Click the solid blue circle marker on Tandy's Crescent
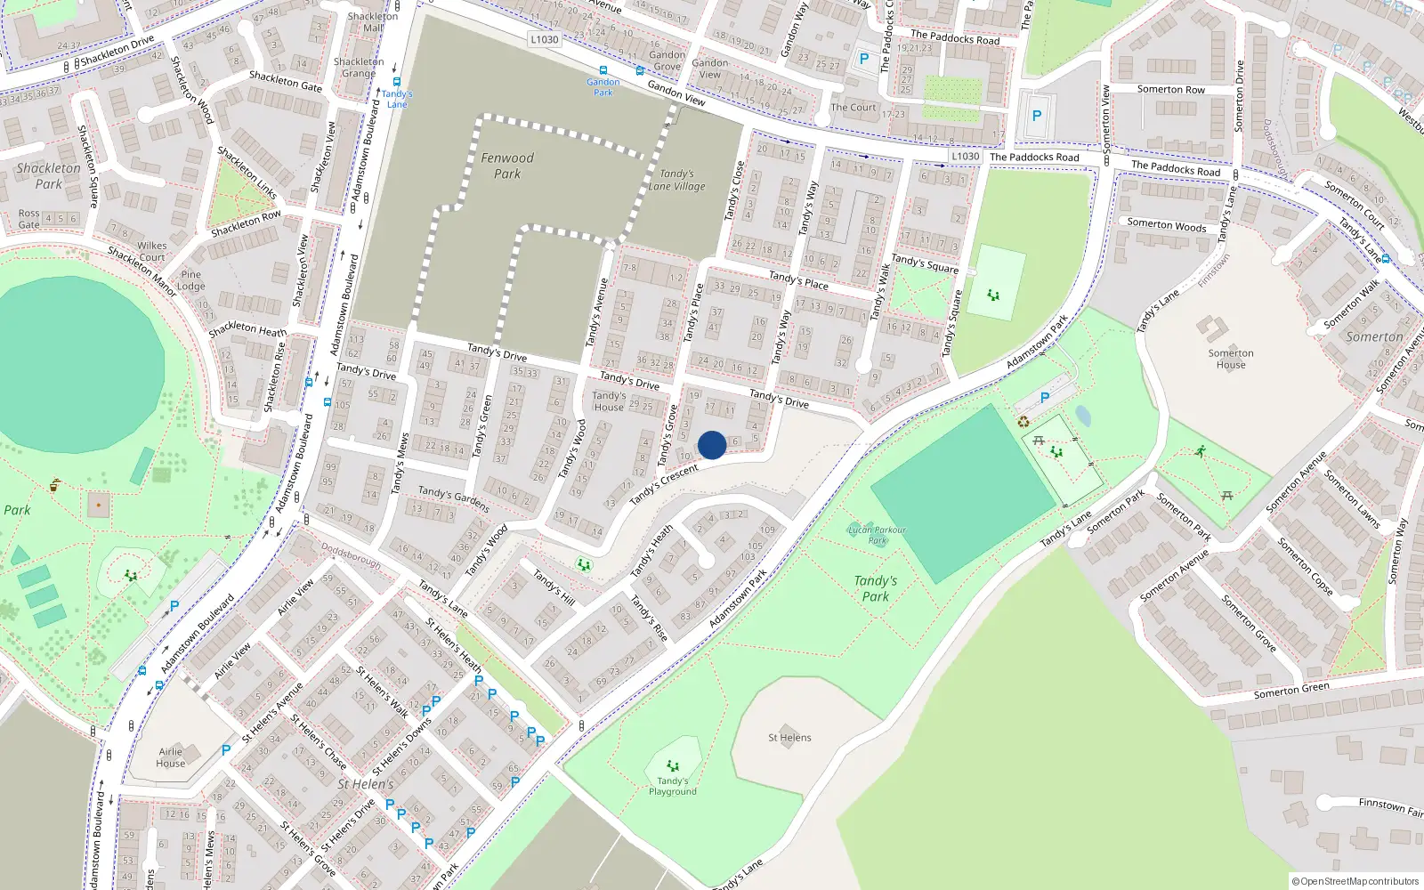(x=712, y=445)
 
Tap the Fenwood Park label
(x=507, y=166)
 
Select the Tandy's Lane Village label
(x=676, y=181)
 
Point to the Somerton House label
(x=1231, y=359)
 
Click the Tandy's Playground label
(x=673, y=786)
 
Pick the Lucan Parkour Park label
(x=877, y=535)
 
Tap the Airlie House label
(x=171, y=757)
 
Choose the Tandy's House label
(x=609, y=401)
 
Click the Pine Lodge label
(x=190, y=280)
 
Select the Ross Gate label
(x=29, y=219)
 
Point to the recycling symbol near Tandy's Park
(x=1023, y=422)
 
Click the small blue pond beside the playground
(x=1082, y=416)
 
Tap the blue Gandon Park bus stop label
(x=603, y=87)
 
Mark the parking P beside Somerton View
(x=1036, y=116)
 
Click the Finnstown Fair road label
(x=1390, y=806)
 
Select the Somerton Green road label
(x=1291, y=690)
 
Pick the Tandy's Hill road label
(x=554, y=588)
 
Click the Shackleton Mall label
(x=373, y=22)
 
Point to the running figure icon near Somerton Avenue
(x=1201, y=451)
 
